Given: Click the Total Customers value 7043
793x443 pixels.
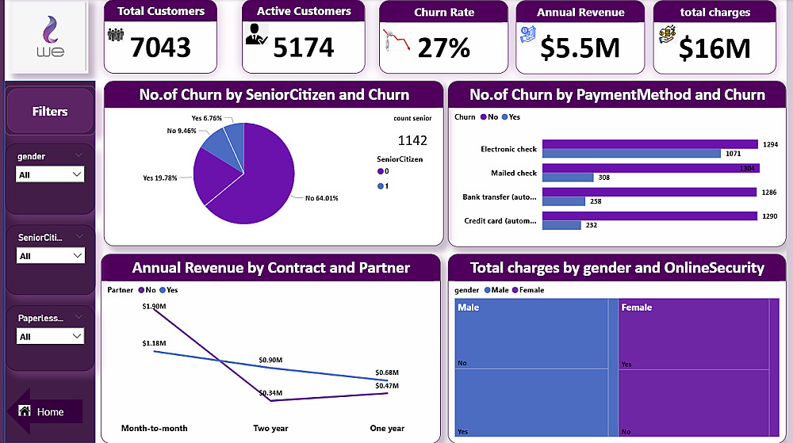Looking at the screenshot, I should (161, 48).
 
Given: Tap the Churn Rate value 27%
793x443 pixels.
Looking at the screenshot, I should (444, 48).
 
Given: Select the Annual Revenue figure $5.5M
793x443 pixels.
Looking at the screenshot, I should (580, 48).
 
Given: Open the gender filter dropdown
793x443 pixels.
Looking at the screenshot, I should (50, 174).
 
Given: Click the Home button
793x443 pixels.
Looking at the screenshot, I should (50, 412).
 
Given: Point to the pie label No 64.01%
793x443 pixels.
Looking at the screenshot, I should (322, 198).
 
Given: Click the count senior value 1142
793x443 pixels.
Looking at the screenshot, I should (412, 141).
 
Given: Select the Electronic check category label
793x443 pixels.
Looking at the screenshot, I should (508, 149).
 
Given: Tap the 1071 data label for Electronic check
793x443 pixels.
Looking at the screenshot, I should (734, 154).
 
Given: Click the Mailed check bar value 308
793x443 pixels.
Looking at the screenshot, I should (604, 178).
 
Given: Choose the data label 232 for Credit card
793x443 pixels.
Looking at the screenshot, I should (592, 225).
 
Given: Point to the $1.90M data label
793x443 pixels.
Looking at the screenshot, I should (154, 306).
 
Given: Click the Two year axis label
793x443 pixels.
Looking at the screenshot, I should (270, 429).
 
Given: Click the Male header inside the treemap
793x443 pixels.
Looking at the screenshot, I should (469, 307).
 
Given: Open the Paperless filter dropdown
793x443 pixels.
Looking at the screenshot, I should (50, 337).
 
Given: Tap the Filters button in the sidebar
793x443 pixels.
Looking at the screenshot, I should (50, 112).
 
